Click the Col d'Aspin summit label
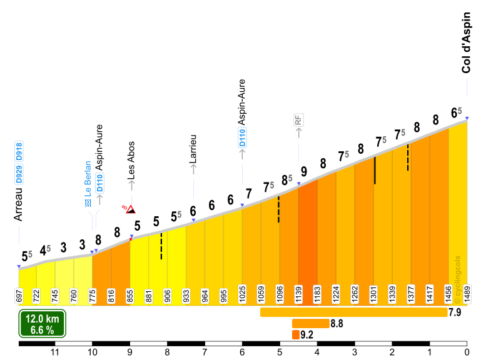(x=466, y=51)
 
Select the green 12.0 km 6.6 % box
(x=42, y=325)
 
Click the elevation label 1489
(x=467, y=296)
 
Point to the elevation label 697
(x=19, y=296)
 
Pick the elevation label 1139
(x=298, y=296)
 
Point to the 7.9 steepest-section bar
(x=353, y=312)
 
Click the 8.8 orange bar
(x=310, y=323)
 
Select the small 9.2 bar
(x=295, y=334)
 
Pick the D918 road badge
(x=18, y=153)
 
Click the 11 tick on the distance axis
(x=55, y=352)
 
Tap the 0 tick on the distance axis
(x=467, y=352)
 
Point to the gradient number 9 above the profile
(x=304, y=171)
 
